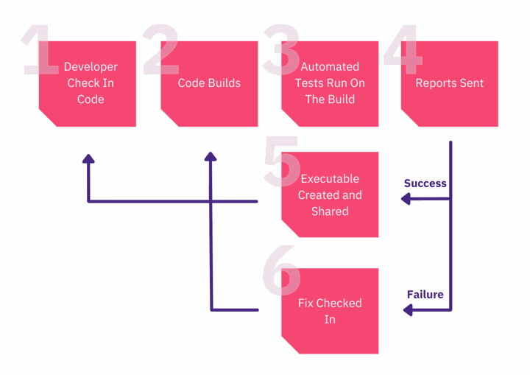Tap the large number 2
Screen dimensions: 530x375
pyautogui.click(x=161, y=49)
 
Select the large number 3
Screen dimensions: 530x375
pyautogui.click(x=281, y=50)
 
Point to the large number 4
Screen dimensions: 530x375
pyautogui.click(x=403, y=49)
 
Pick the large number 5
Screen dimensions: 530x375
pyautogui.click(x=282, y=161)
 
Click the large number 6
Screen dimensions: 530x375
pyautogui.click(x=281, y=270)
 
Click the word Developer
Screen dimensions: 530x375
pyautogui.click(x=91, y=67)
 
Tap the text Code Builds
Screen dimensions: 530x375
pyautogui.click(x=209, y=83)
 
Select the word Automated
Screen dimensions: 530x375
pyautogui.click(x=330, y=66)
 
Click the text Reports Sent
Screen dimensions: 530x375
pyautogui.click(x=450, y=83)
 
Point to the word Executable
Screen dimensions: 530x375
pyautogui.click(x=330, y=179)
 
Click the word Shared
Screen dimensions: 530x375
pyautogui.click(x=330, y=211)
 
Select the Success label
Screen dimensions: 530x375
pyautogui.click(x=425, y=183)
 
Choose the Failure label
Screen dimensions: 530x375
pyautogui.click(x=425, y=295)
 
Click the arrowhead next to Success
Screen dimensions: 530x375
pyautogui.click(x=406, y=199)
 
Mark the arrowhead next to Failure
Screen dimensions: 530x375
pyautogui.click(x=408, y=309)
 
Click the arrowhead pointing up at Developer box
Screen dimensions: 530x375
pyautogui.click(x=88, y=158)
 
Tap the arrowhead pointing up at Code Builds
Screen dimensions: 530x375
pyautogui.click(x=211, y=156)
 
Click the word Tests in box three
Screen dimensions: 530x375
pyautogui.click(x=307, y=83)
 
